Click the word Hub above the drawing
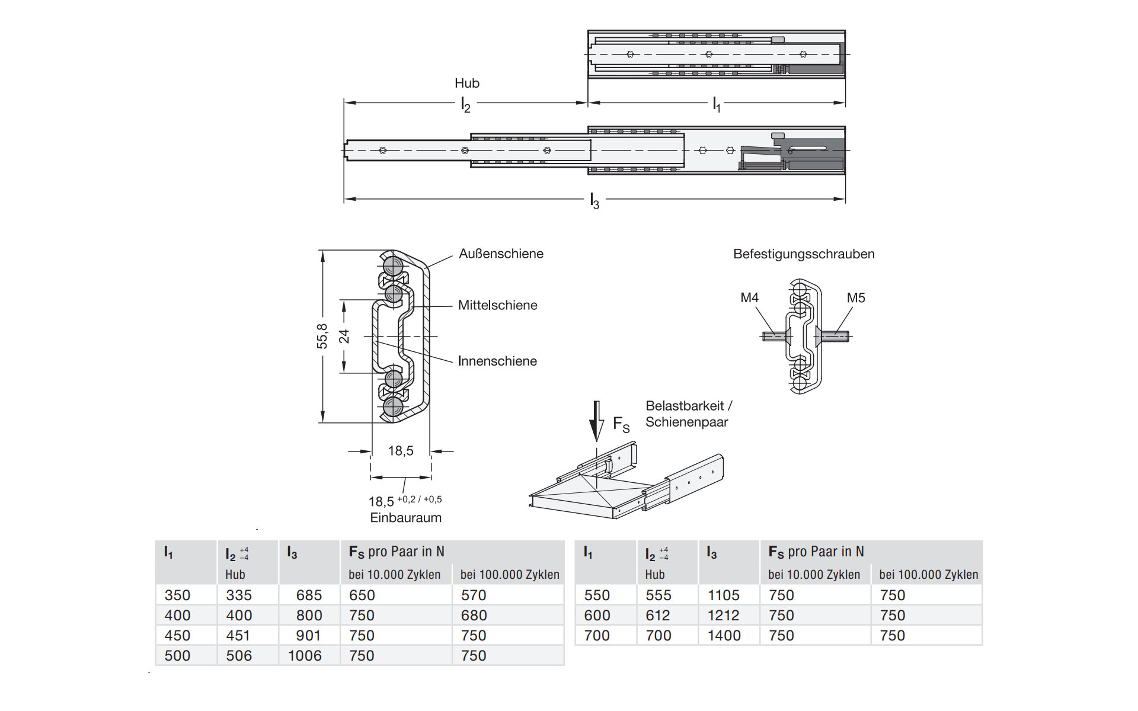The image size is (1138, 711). tap(467, 83)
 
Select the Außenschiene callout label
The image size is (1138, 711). tap(501, 254)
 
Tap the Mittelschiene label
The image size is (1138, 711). tap(497, 305)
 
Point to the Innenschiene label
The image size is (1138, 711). tap(497, 361)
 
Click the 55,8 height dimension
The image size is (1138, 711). tap(322, 336)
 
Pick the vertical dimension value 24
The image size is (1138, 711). tap(344, 337)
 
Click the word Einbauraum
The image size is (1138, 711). tap(406, 518)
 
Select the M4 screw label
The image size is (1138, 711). tap(750, 297)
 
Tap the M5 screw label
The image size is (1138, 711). tap(856, 297)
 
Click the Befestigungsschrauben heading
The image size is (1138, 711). tap(804, 254)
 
